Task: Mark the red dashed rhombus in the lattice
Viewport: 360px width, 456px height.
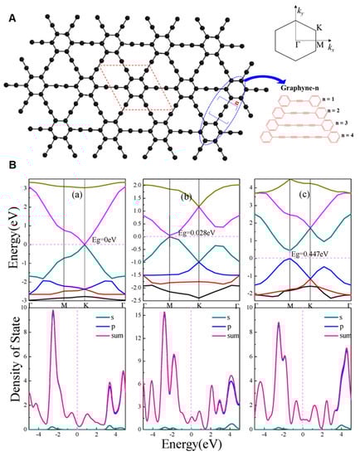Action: coord(129,85)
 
